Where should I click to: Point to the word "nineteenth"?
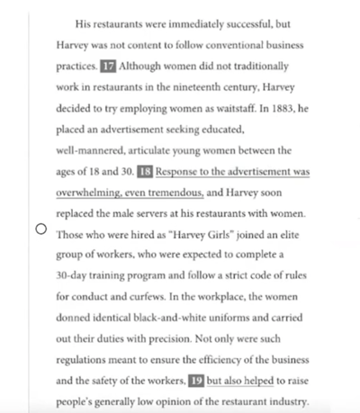[x=199, y=87]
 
